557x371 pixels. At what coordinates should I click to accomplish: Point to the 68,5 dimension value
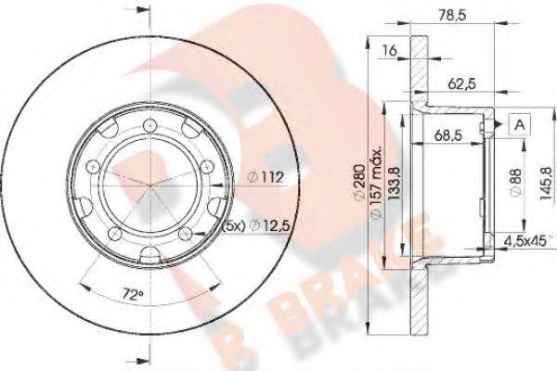pyautogui.click(x=447, y=135)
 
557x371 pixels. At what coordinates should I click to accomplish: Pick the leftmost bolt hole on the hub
pyautogui.click(x=92, y=166)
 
